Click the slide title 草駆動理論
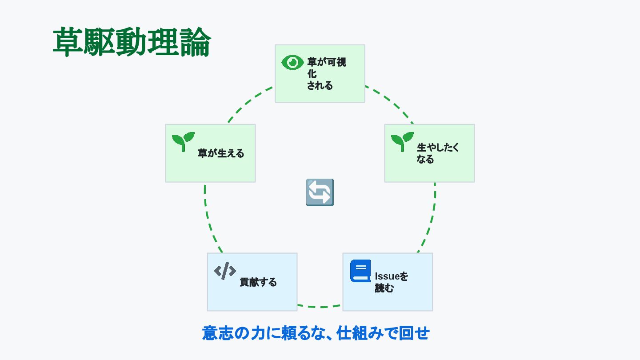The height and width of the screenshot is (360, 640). [132, 42]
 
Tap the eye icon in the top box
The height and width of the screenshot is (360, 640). [292, 63]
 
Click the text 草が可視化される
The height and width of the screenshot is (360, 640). [326, 74]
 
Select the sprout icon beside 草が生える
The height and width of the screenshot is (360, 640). [183, 141]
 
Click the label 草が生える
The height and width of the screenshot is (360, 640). [221, 154]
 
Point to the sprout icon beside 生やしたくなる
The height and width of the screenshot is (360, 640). [402, 141]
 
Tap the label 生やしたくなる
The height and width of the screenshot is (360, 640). [437, 153]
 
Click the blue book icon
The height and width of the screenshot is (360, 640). [360, 271]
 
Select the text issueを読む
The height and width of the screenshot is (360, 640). [391, 282]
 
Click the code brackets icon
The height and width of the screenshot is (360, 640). [225, 271]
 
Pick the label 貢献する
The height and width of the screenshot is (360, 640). [258, 282]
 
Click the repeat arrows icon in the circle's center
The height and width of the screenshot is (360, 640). [320, 192]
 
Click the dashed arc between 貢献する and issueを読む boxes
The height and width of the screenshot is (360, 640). [320, 307]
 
